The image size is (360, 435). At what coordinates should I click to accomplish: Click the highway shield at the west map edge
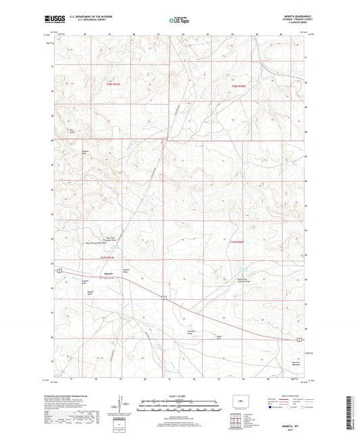[59, 270]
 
